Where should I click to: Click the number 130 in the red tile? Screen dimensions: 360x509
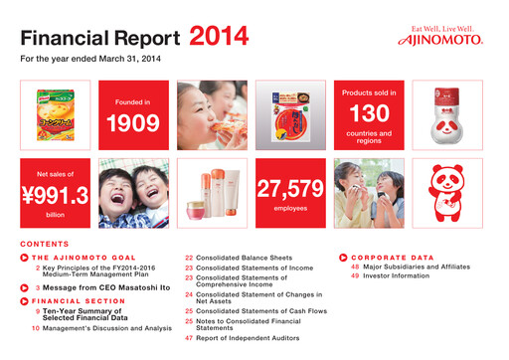coord(370,113)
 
